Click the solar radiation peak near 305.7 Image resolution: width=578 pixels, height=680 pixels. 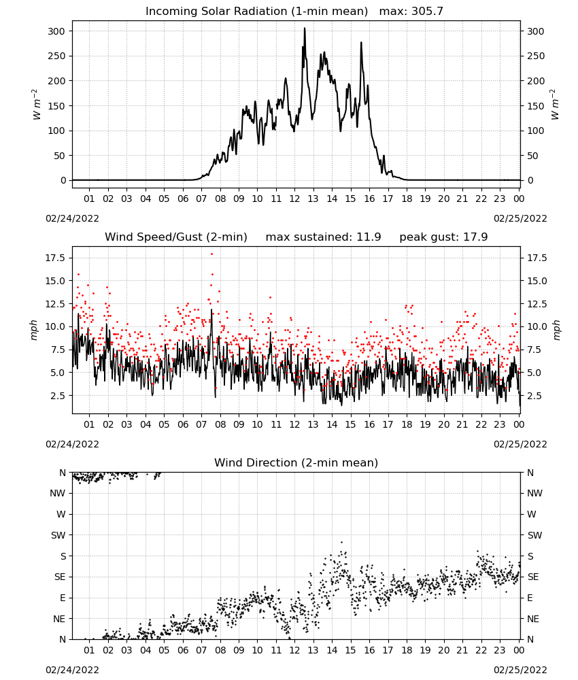(305, 29)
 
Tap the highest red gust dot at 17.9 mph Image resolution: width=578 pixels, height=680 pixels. (211, 254)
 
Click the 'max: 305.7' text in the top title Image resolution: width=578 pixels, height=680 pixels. (411, 12)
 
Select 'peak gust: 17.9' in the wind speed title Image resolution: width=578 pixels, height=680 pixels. (443, 237)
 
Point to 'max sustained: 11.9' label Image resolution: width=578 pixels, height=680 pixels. (323, 237)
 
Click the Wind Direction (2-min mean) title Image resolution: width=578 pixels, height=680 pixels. (296, 462)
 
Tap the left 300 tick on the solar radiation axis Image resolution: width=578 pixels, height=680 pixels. (56, 31)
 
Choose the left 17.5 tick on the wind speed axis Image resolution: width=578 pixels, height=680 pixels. (55, 258)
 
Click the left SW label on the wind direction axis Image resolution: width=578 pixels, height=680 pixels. (58, 535)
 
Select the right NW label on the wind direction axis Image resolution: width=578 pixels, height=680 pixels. (534, 493)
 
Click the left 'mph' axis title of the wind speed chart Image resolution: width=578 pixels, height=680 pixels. (34, 330)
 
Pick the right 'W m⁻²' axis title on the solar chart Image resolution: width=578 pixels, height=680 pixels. (555, 105)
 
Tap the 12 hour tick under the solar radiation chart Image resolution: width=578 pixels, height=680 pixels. (294, 199)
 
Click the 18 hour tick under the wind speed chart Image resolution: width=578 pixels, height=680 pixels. (407, 424)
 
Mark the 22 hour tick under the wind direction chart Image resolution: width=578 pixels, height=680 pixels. (481, 650)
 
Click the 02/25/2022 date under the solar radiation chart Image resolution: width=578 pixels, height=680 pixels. (520, 218)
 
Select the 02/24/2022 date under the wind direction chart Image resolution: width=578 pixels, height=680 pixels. (72, 670)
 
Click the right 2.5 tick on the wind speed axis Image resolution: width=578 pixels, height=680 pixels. (534, 396)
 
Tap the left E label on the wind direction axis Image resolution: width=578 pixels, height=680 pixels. (63, 598)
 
